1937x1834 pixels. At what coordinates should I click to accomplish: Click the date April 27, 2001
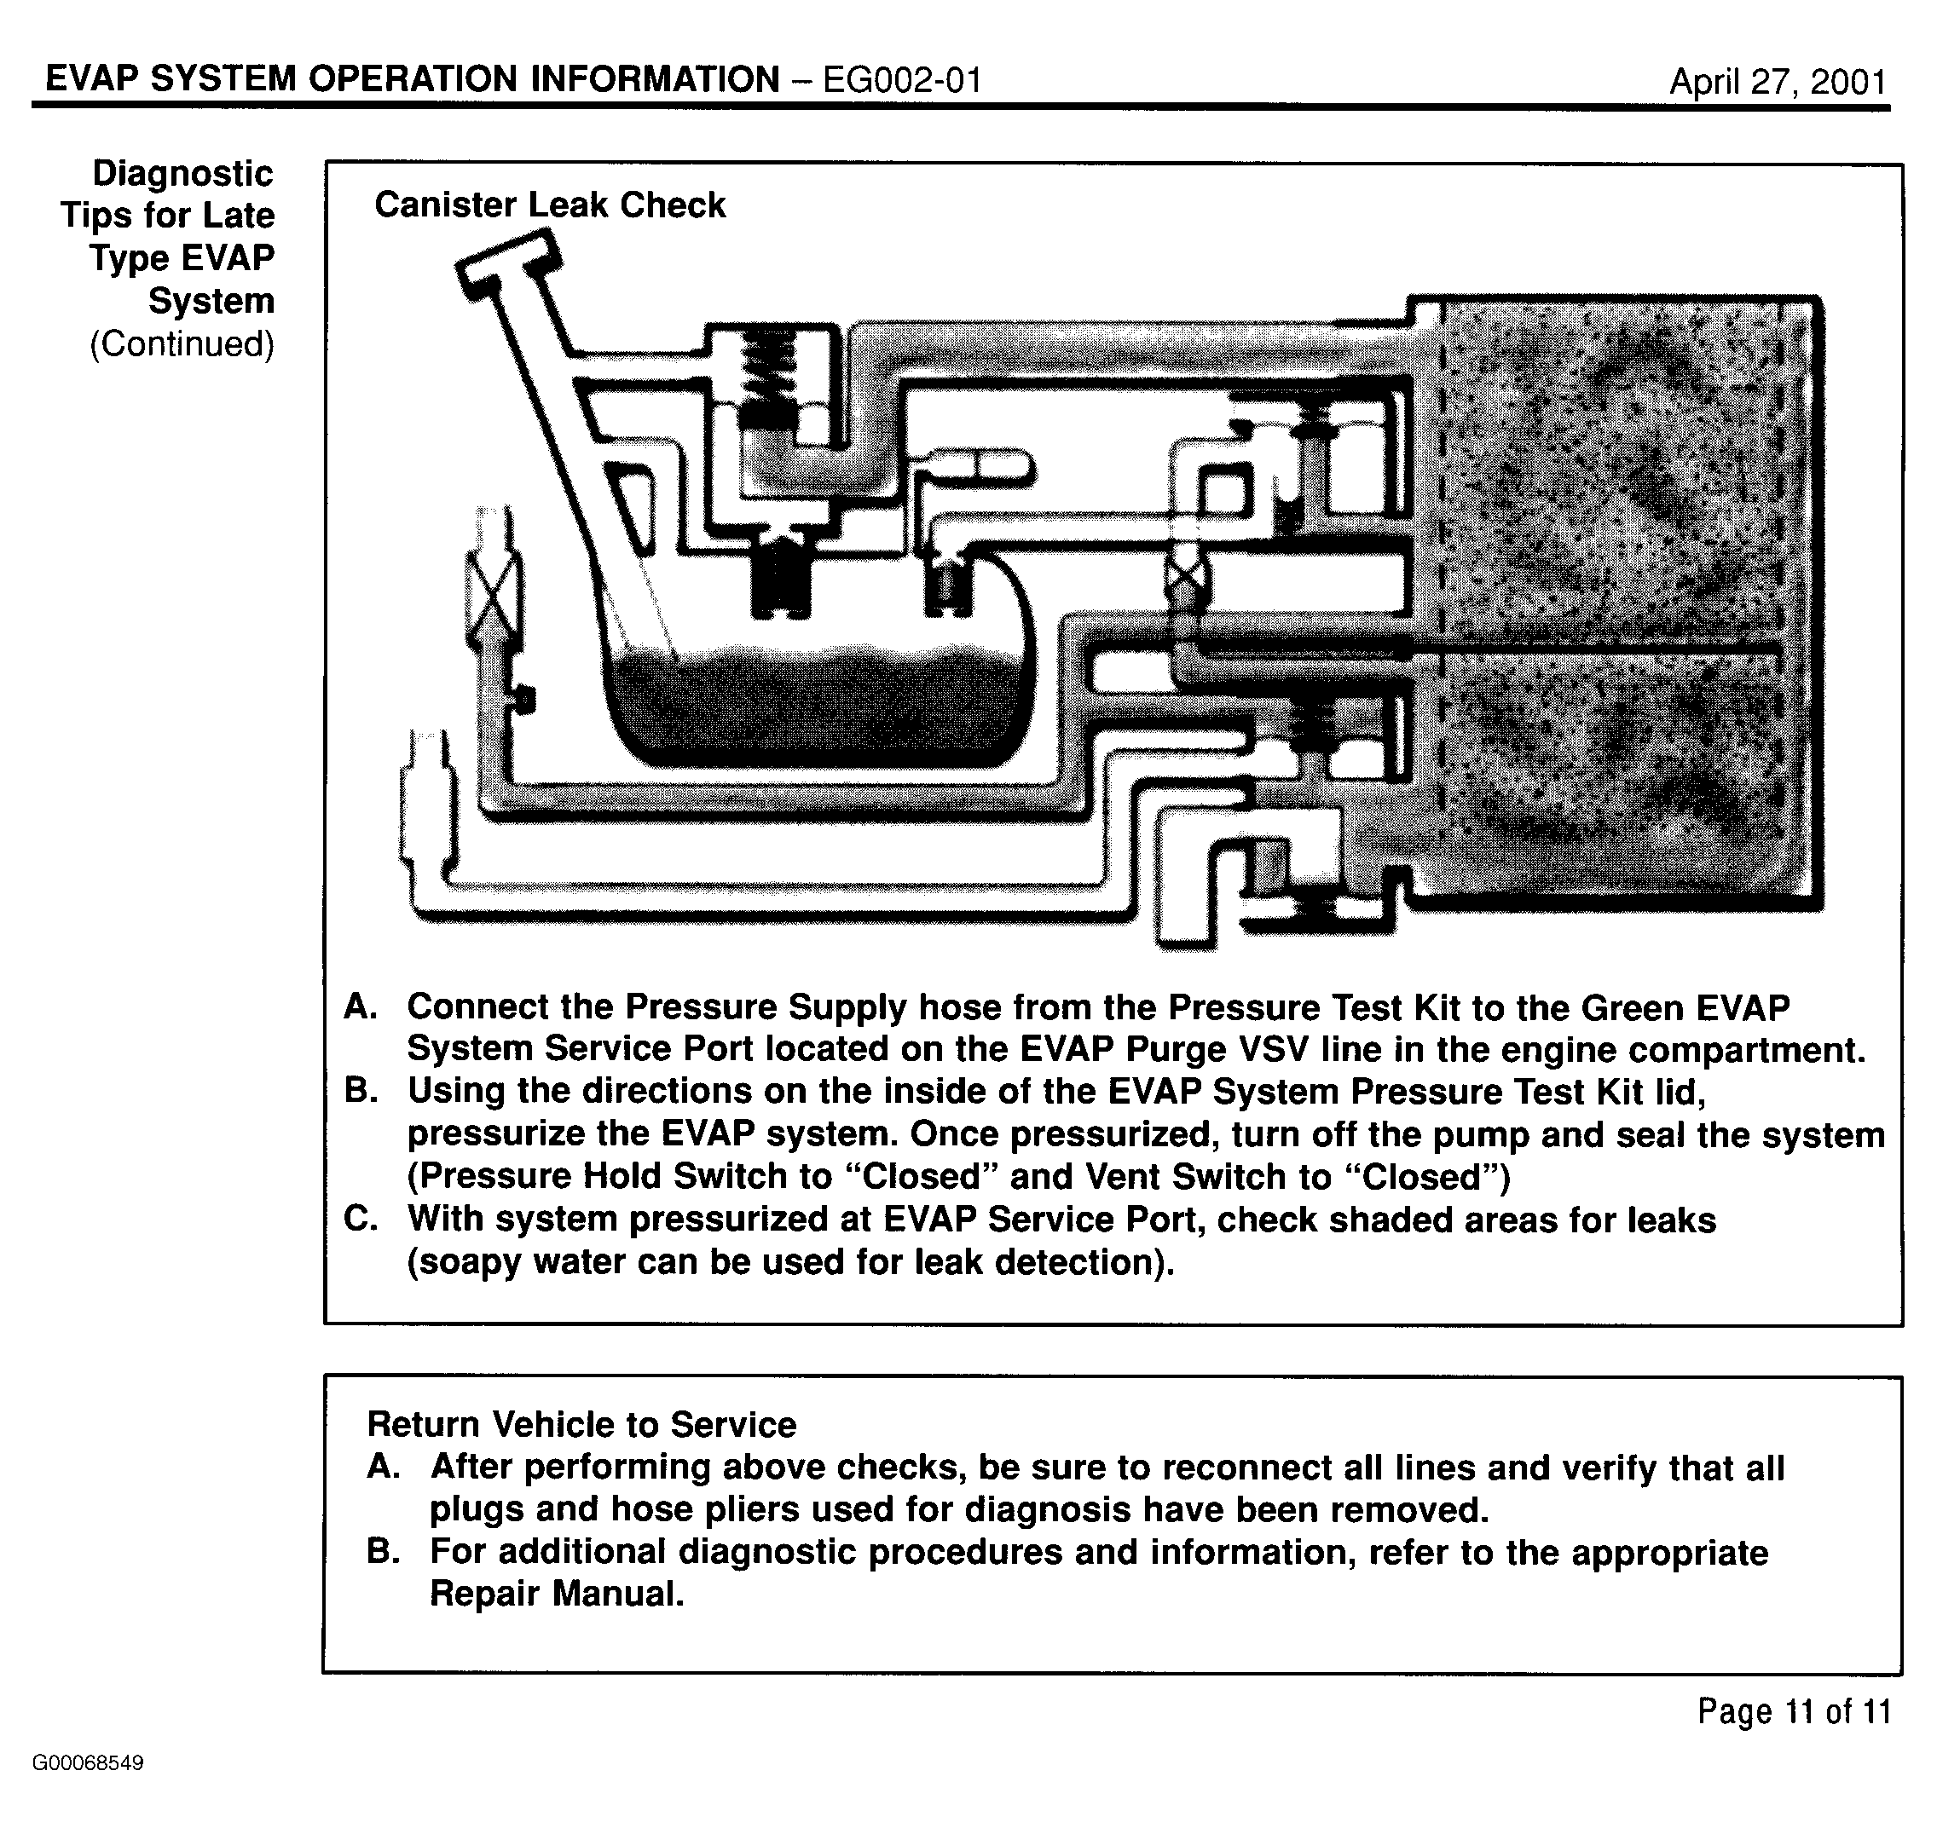coord(1777,81)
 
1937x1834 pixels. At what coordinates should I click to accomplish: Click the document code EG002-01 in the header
coord(901,79)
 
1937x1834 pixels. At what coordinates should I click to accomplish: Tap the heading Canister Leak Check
coord(550,205)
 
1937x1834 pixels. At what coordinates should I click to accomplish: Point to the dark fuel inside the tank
coord(812,704)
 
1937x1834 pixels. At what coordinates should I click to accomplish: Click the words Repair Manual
coord(555,1594)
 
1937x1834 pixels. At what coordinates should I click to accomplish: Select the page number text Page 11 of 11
coord(1793,1710)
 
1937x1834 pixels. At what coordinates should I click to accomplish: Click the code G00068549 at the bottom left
coord(88,1763)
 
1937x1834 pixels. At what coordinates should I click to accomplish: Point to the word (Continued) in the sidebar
coord(182,344)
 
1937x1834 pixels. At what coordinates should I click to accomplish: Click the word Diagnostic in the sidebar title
coord(182,174)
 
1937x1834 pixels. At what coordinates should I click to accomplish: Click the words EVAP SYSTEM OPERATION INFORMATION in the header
coord(413,79)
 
